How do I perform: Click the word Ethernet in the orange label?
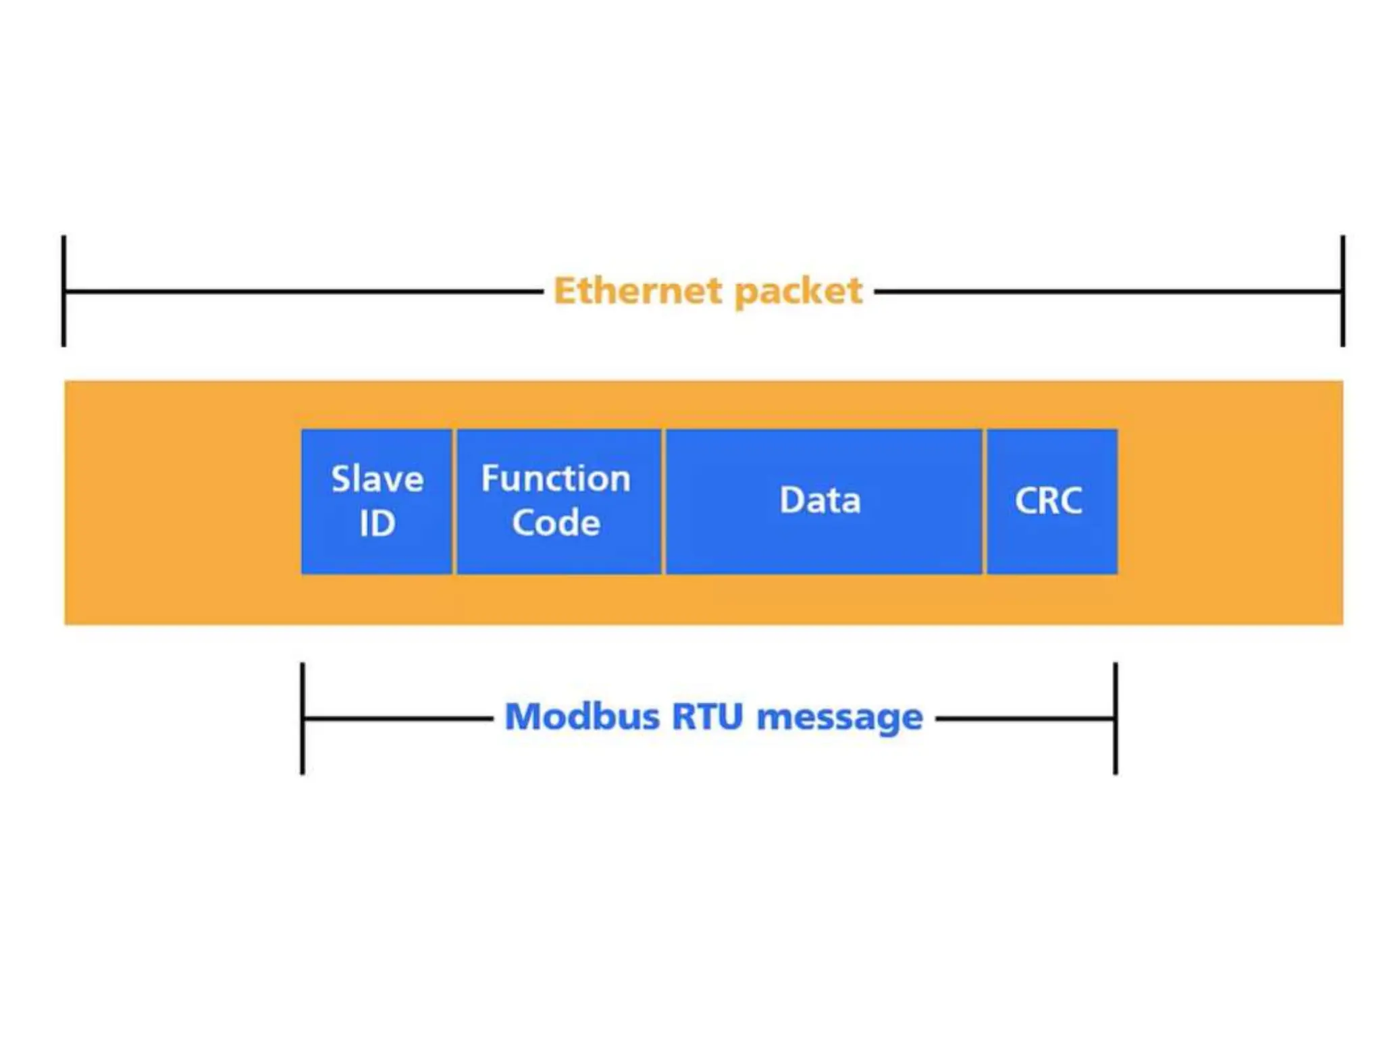638,291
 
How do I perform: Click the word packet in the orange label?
798,292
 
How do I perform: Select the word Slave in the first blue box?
377,479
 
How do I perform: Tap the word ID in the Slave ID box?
377,524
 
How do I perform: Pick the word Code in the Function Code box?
556,523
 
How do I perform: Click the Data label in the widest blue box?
820,500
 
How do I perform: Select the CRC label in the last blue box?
1048,501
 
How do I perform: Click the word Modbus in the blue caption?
582,716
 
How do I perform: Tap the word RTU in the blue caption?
707,716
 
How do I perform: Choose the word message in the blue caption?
839,718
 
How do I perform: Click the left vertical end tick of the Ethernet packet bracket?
63,291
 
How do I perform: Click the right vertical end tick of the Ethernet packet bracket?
1342,291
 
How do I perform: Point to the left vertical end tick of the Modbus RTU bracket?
303,718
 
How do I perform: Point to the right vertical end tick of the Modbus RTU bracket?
1116,718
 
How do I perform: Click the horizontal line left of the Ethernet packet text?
304,292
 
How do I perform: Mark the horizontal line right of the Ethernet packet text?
1107,292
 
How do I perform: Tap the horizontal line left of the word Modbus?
398,719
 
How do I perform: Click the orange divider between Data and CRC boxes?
985,502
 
